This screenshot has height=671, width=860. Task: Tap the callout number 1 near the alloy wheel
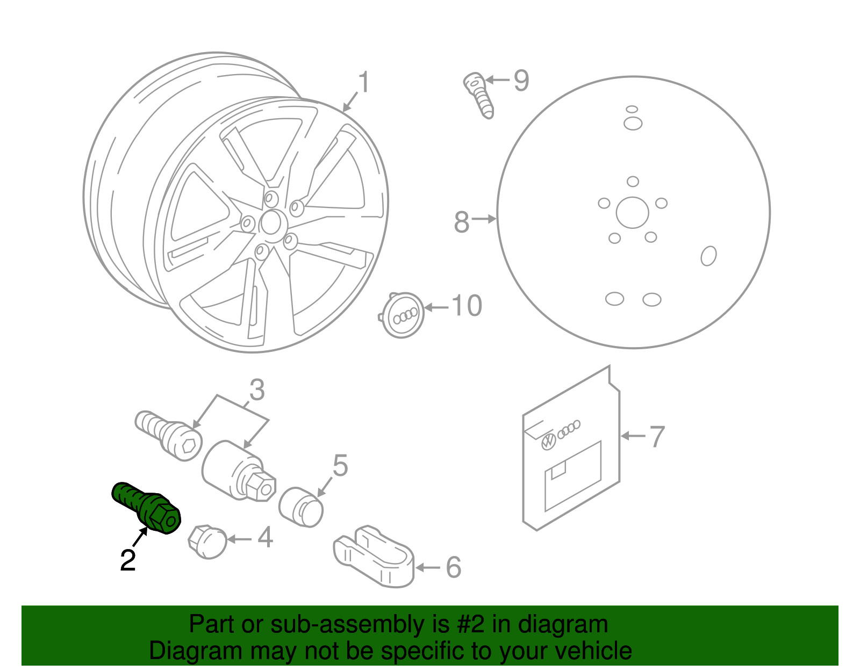tap(364, 83)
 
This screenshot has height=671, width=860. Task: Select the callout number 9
tap(521, 81)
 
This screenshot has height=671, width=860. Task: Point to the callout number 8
tap(462, 221)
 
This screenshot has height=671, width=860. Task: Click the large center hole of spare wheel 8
tap(632, 213)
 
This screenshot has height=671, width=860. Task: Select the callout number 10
tap(467, 306)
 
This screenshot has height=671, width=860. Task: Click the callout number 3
tap(257, 390)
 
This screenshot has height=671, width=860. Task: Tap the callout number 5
tap(340, 465)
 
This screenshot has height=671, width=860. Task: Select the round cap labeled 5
tap(301, 507)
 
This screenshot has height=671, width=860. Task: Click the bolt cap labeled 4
tap(208, 542)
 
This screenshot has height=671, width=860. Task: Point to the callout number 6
tap(453, 567)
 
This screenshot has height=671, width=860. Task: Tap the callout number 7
tap(657, 436)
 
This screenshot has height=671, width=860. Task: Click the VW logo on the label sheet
tap(548, 442)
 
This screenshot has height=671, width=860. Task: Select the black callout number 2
tap(128, 560)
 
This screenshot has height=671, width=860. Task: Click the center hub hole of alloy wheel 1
tap(271, 222)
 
